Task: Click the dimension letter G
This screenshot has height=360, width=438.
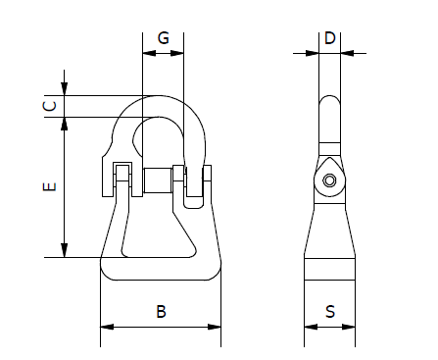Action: pyautogui.click(x=164, y=38)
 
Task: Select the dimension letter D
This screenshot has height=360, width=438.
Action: pyautogui.click(x=330, y=38)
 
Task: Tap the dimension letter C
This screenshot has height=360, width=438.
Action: pyautogui.click(x=50, y=106)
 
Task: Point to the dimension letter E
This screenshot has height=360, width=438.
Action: pyautogui.click(x=50, y=186)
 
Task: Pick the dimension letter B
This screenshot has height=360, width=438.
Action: pyautogui.click(x=161, y=312)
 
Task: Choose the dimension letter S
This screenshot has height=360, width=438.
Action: pyautogui.click(x=330, y=312)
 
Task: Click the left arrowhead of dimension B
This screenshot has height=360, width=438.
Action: pyautogui.click(x=107, y=327)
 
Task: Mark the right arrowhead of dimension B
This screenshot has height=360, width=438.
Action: pyautogui.click(x=215, y=327)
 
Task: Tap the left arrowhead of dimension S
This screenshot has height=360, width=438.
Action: pyautogui.click(x=311, y=327)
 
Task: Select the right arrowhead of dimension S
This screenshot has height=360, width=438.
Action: pyautogui.click(x=349, y=327)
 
